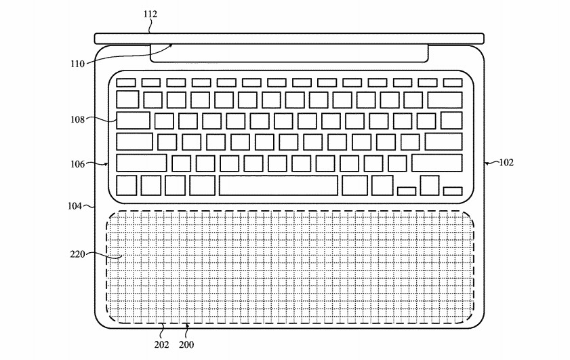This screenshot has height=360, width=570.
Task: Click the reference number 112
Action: pos(150,14)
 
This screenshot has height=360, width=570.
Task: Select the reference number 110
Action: pos(77,64)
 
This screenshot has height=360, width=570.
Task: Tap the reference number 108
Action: pos(77,119)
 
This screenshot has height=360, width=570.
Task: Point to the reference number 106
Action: pos(77,164)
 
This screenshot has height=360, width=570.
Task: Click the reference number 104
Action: pos(75,206)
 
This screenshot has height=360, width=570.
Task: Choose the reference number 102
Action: pos(506,163)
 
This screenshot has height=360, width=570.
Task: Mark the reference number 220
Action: pos(77,254)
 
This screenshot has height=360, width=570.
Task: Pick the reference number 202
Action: pos(162,344)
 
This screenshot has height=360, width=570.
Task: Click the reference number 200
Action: pos(186,344)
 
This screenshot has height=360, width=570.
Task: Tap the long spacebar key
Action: pos(279,186)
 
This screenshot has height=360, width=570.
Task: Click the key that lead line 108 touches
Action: pos(133,121)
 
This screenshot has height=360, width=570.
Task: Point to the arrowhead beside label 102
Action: pos(487,163)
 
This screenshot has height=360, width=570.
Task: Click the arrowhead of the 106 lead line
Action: pos(106,164)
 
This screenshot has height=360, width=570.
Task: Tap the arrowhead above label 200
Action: pos(187,325)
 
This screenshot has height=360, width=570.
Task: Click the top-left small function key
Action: pos(126,83)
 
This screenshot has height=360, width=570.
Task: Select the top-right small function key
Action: pos(453,83)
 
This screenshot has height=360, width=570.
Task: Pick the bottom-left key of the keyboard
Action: pos(127,186)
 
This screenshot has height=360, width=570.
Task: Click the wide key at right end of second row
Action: pos(445,100)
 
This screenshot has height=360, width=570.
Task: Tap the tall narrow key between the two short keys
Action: pos(430,186)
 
